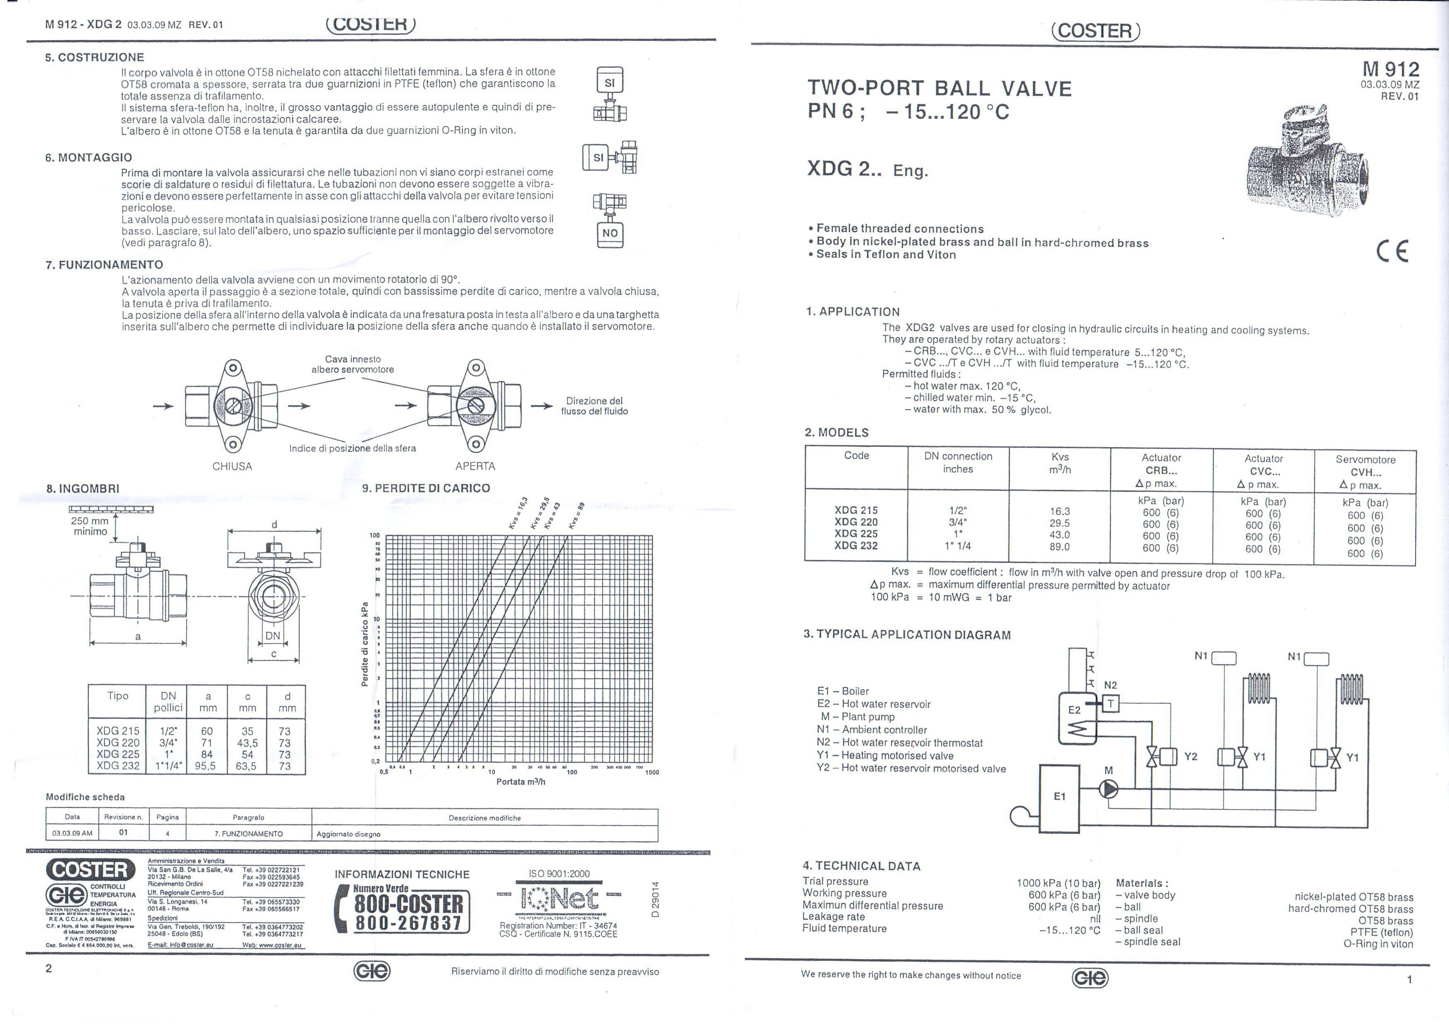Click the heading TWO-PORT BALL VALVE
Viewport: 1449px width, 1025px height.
pyautogui.click(x=939, y=88)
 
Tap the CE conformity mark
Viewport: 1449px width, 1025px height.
pyautogui.click(x=1392, y=251)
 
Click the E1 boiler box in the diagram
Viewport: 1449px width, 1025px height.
pyautogui.click(x=1059, y=797)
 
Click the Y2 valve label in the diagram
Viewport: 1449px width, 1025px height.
pyautogui.click(x=1191, y=756)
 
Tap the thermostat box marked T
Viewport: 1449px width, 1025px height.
pyautogui.click(x=1111, y=703)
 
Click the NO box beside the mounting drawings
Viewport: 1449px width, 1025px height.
pyautogui.click(x=610, y=233)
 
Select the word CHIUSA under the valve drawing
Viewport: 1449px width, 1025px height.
pyautogui.click(x=232, y=466)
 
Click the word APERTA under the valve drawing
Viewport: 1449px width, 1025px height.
pyautogui.click(x=475, y=466)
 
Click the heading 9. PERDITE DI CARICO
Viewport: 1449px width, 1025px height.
pyautogui.click(x=426, y=488)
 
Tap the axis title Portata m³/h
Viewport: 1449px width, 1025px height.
pyautogui.click(x=520, y=781)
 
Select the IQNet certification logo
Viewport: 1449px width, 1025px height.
pyautogui.click(x=559, y=897)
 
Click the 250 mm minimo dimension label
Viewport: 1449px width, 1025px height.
pyautogui.click(x=90, y=526)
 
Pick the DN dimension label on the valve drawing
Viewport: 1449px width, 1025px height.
pyautogui.click(x=273, y=635)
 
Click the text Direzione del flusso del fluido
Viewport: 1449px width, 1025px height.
pyautogui.click(x=594, y=406)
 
